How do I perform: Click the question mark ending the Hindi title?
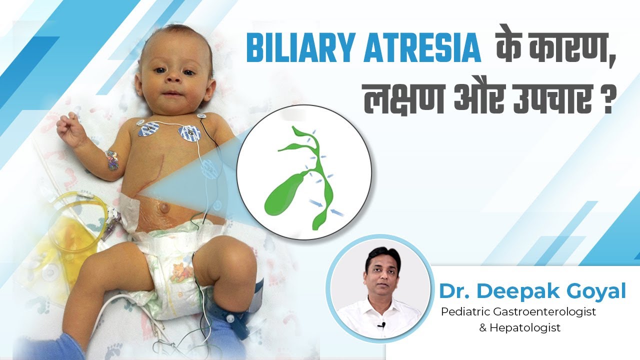605,102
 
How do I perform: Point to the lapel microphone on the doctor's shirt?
381,325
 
